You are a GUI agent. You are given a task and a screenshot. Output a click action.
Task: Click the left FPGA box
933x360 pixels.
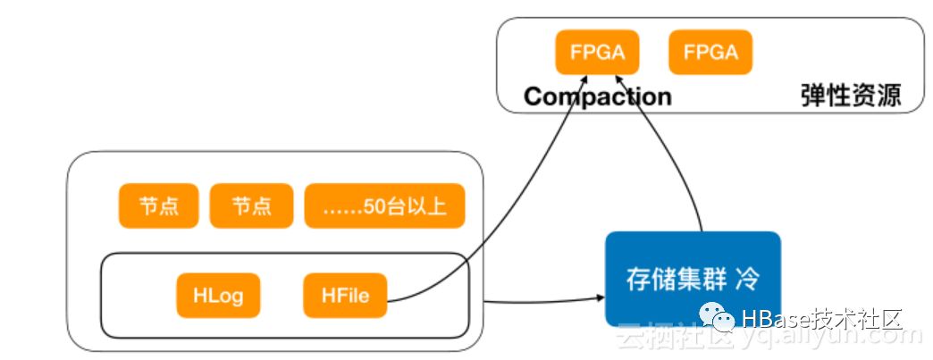point(597,53)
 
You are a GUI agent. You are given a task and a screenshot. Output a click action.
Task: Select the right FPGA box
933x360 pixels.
point(710,53)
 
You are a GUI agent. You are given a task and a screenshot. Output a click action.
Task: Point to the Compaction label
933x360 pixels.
point(597,96)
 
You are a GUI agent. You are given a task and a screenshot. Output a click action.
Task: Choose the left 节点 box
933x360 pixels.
point(159,206)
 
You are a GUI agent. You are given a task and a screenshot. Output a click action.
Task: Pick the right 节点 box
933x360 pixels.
point(251,206)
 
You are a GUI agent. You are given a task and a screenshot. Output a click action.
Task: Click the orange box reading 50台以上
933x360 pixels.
point(387,206)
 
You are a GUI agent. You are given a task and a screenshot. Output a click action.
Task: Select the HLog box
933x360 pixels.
point(217,296)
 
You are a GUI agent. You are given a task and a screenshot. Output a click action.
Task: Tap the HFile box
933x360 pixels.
point(344,296)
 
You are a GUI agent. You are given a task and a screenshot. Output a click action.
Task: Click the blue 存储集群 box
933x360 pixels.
point(693,279)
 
